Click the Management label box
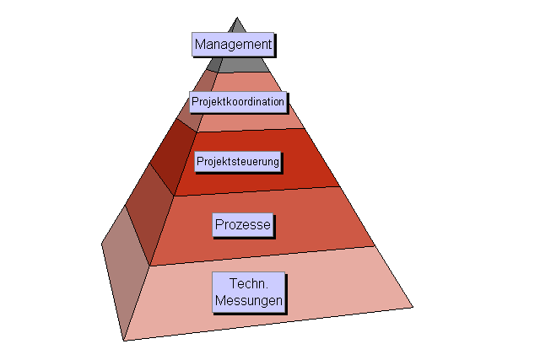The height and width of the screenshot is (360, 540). [x=233, y=43]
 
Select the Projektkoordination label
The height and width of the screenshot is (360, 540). [x=238, y=102]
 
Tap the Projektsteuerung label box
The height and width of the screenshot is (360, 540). [x=238, y=160]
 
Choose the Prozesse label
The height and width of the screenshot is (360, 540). [x=242, y=225]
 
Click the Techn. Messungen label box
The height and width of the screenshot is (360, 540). [x=249, y=293]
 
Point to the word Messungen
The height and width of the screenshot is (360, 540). [x=249, y=300]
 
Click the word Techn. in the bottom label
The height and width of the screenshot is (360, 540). [x=248, y=285]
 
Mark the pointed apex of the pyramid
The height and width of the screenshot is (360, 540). [x=238, y=19]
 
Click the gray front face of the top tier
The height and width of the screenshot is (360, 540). [x=253, y=64]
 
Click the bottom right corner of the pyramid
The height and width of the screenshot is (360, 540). [x=412, y=305]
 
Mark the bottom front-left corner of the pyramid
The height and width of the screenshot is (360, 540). [x=124, y=340]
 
